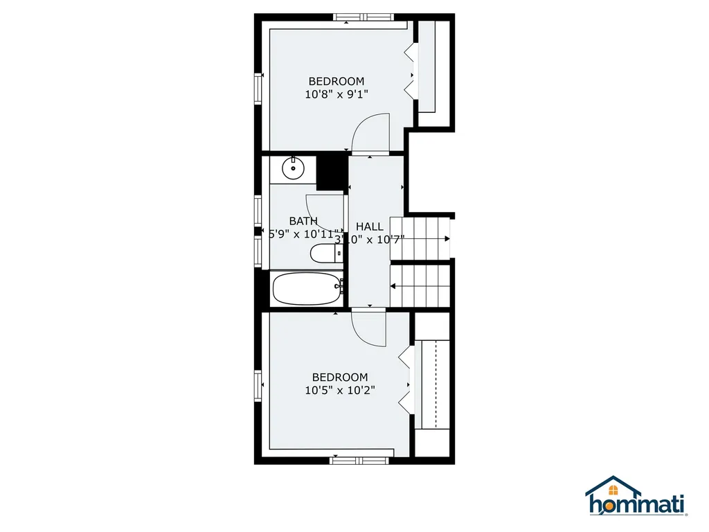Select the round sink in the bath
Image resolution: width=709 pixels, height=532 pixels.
click(x=294, y=166)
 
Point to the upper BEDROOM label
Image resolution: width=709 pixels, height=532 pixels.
click(x=336, y=82)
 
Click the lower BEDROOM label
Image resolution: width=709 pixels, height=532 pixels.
click(x=339, y=378)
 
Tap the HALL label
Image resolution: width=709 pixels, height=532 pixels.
click(x=369, y=227)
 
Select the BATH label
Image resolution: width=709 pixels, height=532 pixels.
click(x=303, y=221)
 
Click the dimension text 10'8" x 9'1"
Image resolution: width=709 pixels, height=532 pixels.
click(x=336, y=94)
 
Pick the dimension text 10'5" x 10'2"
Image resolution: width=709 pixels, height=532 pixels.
click(x=339, y=390)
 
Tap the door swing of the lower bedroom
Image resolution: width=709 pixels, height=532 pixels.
click(x=368, y=328)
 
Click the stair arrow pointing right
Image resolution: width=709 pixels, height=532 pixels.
click(x=447, y=239)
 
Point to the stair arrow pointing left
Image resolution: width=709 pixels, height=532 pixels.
click(x=393, y=285)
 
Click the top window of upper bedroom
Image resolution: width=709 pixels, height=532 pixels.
click(x=363, y=17)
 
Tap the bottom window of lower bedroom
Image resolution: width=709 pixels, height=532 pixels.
click(x=359, y=459)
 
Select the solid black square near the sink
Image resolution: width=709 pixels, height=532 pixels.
click(x=331, y=170)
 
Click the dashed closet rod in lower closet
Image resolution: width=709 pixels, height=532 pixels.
click(x=435, y=384)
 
